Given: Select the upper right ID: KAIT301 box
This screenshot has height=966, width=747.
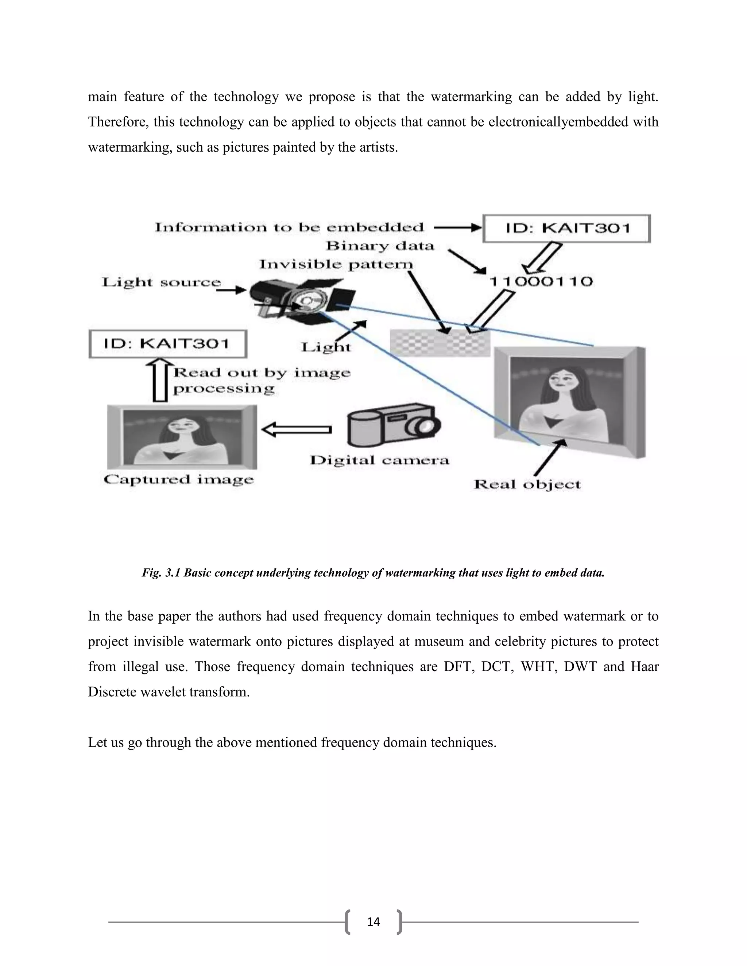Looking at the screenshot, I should pos(566,228).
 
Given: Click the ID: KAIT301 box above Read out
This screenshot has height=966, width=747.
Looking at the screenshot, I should pos(168,344).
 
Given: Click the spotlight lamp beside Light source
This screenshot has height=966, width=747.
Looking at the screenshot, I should pos(301,299).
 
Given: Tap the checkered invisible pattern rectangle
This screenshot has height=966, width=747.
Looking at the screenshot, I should pos(440,343).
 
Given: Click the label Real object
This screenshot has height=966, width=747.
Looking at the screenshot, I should pos(527,484).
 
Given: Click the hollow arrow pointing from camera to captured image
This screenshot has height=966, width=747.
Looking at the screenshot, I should pos(297,429).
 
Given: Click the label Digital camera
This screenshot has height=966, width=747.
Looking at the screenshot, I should pos(379,460).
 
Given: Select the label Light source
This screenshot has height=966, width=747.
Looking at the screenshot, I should pos(161,282).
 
